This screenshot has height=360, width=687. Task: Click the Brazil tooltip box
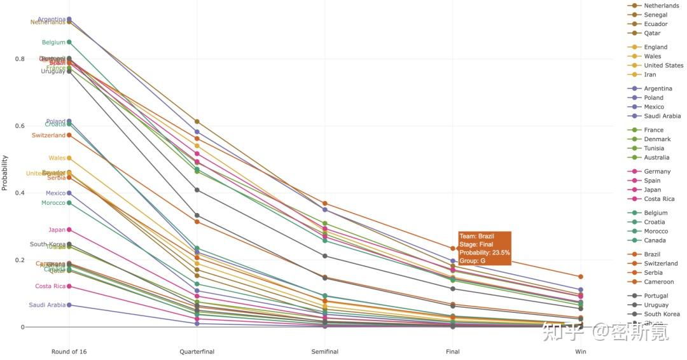click(x=484, y=248)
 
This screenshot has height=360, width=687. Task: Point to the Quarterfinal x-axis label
click(x=197, y=352)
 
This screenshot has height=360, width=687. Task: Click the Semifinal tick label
click(x=324, y=352)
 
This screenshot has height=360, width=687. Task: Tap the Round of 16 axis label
click(x=69, y=352)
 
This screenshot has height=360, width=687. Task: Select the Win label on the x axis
click(x=580, y=352)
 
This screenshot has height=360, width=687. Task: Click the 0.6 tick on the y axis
click(x=19, y=126)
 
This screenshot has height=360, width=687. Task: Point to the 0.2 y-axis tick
click(x=19, y=260)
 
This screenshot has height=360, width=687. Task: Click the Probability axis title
click(x=5, y=173)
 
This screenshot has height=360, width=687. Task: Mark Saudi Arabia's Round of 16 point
click(x=69, y=305)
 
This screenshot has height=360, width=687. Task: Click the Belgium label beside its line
click(x=53, y=43)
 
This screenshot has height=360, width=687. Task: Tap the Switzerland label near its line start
click(x=48, y=135)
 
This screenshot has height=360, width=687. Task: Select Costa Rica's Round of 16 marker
click(x=69, y=286)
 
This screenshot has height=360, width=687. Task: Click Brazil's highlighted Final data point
click(x=453, y=249)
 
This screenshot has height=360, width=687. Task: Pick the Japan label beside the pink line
click(x=57, y=230)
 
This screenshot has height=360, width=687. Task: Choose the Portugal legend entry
click(x=656, y=296)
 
